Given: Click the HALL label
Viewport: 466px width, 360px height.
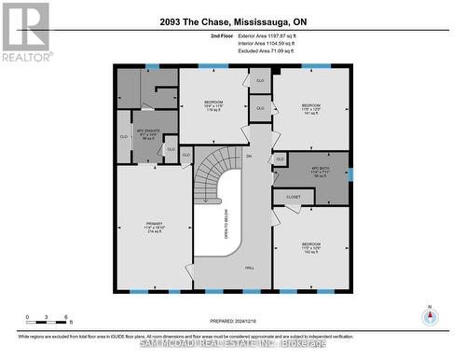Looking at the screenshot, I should pos(250,269).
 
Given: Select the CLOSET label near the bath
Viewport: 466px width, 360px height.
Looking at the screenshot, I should pos(293,197).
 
